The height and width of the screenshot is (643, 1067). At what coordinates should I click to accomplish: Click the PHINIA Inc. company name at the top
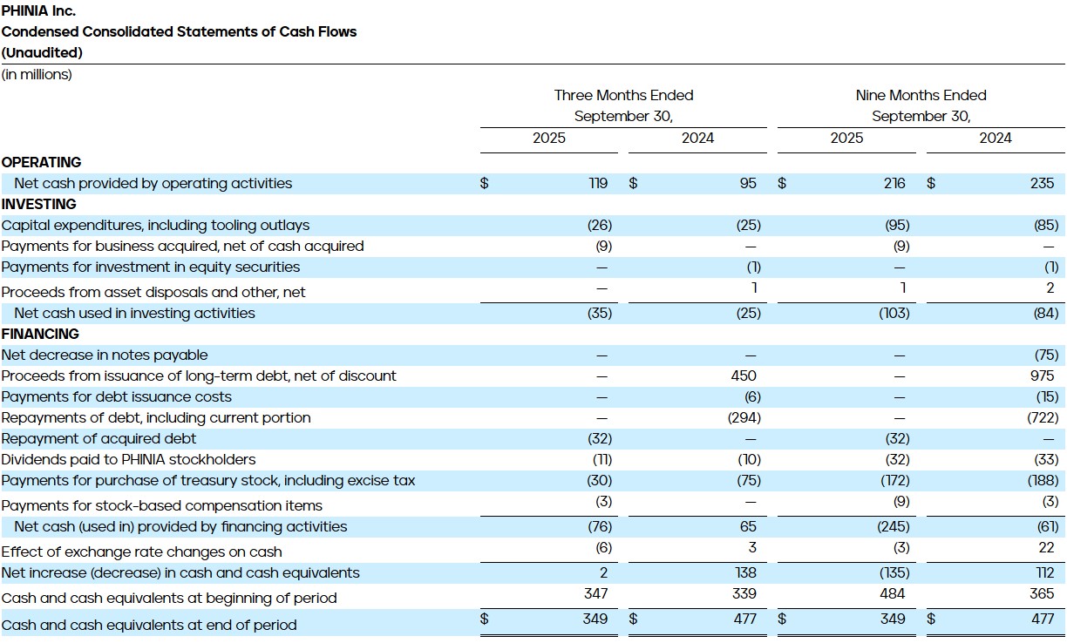[38, 11]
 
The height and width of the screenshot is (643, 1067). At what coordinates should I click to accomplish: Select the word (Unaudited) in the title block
[42, 52]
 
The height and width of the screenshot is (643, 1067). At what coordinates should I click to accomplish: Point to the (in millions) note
[37, 75]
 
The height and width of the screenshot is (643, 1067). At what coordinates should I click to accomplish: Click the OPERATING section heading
[41, 162]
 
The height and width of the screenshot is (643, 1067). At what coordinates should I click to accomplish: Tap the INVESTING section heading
[39, 204]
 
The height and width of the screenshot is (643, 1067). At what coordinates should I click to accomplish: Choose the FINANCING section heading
[40, 334]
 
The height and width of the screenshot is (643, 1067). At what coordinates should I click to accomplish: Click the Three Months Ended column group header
[623, 95]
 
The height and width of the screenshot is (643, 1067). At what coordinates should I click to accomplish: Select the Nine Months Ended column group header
[921, 95]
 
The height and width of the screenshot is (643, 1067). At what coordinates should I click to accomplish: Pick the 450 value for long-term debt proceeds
[744, 376]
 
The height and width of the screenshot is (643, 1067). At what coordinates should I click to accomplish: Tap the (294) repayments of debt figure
[744, 417]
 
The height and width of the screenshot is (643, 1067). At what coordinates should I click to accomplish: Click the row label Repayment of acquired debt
[99, 438]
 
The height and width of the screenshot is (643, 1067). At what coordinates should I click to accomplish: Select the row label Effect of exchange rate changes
[141, 552]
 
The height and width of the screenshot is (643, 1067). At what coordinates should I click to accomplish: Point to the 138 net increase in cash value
[746, 572]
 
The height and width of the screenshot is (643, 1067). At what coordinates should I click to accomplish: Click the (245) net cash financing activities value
[894, 526]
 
